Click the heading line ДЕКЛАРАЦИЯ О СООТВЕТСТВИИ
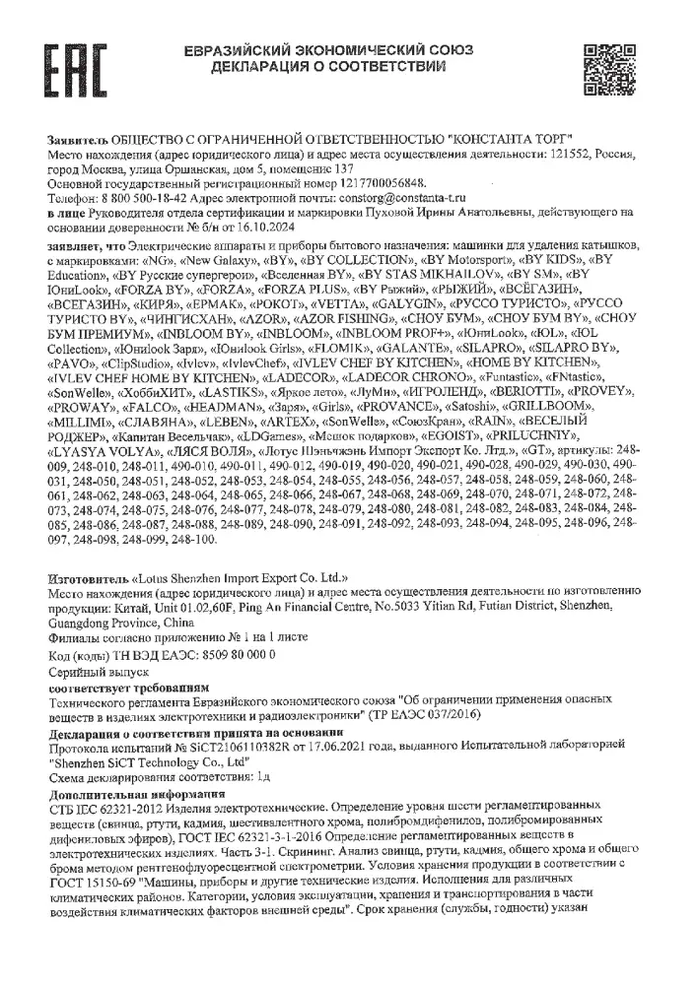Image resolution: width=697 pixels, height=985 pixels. (326, 66)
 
